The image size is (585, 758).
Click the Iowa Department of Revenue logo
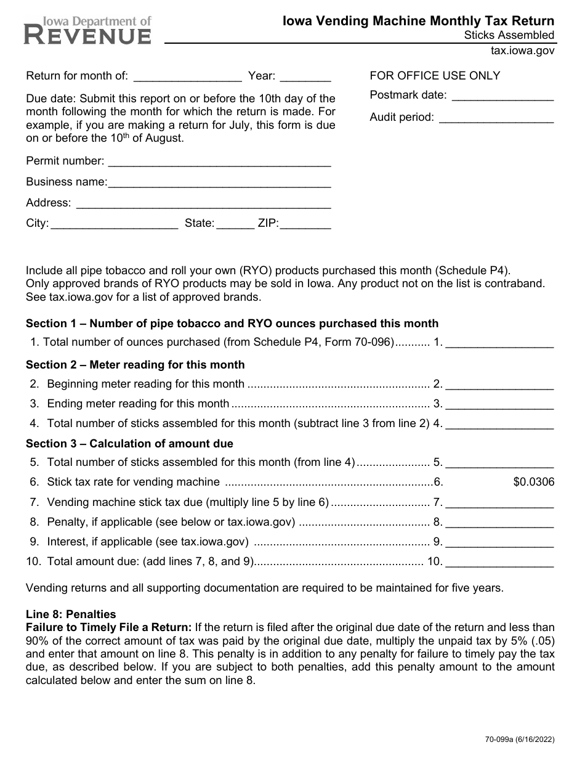point(87,30)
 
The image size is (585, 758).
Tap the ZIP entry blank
point(305,225)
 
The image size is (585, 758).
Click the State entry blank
point(235,225)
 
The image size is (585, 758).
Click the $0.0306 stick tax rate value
point(534,482)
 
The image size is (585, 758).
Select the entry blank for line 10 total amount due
point(499,563)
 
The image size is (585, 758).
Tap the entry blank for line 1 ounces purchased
point(499,343)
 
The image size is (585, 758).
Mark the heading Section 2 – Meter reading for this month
point(135,365)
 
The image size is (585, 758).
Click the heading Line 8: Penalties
point(71,614)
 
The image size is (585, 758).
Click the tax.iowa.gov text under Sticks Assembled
point(522,51)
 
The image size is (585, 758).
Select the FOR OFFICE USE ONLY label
point(435,76)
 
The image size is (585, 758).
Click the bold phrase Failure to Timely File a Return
point(109,627)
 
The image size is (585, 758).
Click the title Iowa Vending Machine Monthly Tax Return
point(418,21)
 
